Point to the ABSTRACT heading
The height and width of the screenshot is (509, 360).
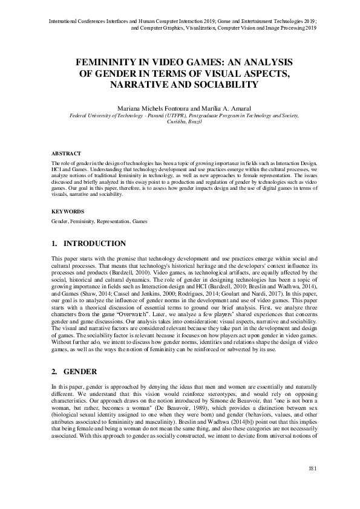pos(66,154)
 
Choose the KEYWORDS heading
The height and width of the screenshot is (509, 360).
pos(67,212)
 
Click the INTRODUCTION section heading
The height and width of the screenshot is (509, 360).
pos(94,244)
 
